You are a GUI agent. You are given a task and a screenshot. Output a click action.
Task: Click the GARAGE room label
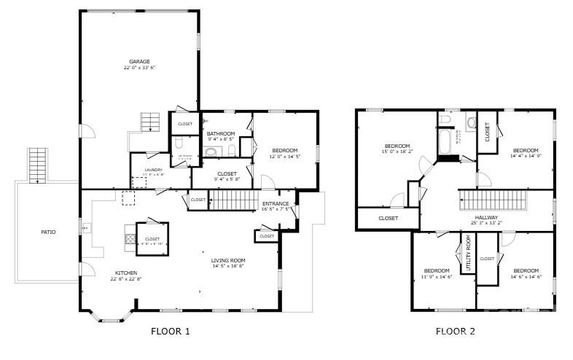139,61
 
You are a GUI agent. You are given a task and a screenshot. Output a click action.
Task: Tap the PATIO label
48,232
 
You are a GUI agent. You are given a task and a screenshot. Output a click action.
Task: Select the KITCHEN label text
125,273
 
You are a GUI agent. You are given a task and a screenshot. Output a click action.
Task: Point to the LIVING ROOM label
228,260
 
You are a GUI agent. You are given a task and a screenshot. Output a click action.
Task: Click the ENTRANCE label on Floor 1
276,203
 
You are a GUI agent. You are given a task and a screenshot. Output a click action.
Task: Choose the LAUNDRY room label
153,170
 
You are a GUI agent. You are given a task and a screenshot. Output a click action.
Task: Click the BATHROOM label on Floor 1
220,133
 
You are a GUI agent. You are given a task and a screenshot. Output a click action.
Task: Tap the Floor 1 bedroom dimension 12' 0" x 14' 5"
284,156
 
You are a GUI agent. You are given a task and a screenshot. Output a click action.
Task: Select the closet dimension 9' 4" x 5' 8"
227,179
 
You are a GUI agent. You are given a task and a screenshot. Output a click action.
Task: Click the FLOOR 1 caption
170,331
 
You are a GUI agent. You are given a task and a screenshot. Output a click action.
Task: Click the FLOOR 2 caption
455,331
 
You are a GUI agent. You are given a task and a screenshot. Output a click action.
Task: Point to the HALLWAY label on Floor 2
486,217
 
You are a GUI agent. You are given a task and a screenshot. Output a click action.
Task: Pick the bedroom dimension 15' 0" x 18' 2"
397,152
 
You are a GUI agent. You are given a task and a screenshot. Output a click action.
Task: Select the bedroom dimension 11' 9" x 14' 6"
437,276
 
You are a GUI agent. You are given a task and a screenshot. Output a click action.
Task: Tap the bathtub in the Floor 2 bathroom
444,141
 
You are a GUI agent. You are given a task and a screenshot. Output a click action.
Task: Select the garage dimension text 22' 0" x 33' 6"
139,68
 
